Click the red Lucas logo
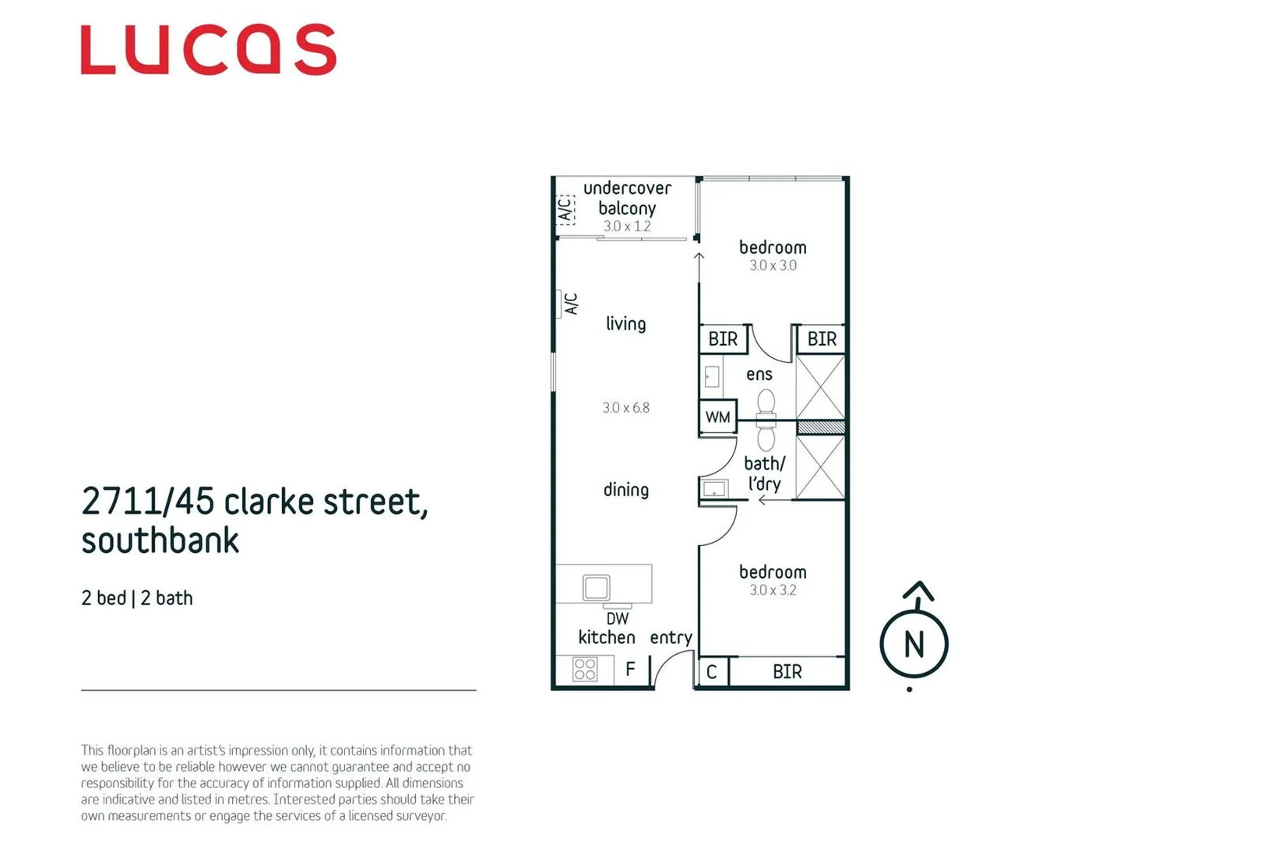click(208, 50)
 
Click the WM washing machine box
click(717, 417)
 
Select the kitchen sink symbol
click(596, 587)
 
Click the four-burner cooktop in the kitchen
click(585, 669)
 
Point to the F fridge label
click(630, 669)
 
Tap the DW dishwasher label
click(617, 619)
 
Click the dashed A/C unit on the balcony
click(565, 209)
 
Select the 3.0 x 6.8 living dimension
click(625, 407)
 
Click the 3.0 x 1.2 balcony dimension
click(627, 227)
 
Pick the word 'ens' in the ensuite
click(759, 375)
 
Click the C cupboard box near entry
click(712, 672)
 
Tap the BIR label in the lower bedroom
click(787, 672)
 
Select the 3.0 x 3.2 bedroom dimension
click(773, 590)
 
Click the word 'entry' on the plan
click(671, 638)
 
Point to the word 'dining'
click(625, 490)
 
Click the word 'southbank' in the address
click(160, 540)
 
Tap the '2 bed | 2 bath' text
click(137, 598)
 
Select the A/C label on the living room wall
click(571, 304)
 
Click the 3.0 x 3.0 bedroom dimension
click(773, 266)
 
